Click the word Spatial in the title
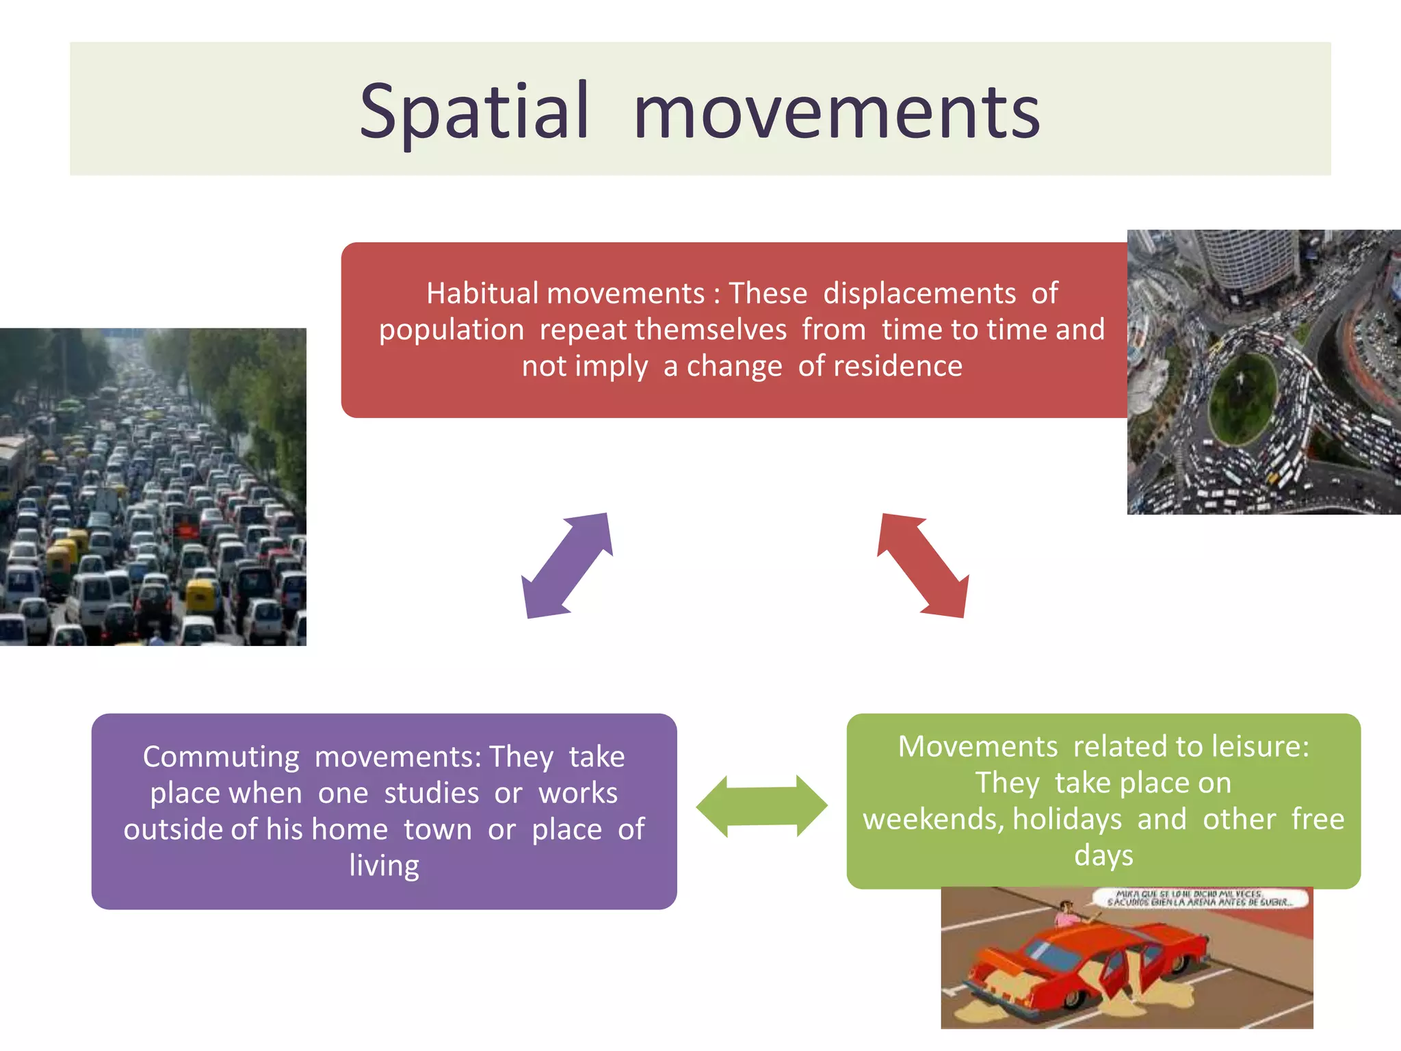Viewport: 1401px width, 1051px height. pos(473,112)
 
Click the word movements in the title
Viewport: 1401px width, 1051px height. pos(836,112)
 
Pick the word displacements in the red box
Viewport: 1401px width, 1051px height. pos(919,294)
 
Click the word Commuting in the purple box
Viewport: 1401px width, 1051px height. pos(221,757)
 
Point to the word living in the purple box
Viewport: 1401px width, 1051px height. pos(384,865)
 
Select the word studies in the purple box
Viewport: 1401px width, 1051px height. pos(431,793)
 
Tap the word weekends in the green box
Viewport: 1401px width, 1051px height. pos(932,820)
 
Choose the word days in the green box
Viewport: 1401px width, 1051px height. pos(1103,855)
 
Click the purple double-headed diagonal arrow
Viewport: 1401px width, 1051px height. pos(566,566)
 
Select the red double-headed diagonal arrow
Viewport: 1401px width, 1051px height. pos(923,566)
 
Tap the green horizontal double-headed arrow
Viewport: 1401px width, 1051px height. pos(761,806)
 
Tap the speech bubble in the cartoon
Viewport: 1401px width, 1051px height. pos(1201,898)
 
